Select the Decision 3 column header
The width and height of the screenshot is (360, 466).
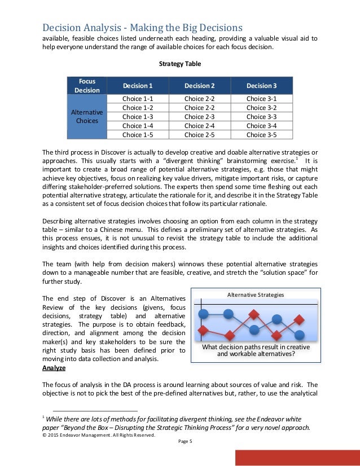click(x=262, y=85)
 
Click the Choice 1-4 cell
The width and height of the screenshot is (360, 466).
click(x=138, y=126)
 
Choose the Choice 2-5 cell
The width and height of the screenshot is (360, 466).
click(x=200, y=135)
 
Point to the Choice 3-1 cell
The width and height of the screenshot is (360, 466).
click(x=262, y=99)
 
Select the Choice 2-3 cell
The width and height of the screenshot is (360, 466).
click(x=200, y=117)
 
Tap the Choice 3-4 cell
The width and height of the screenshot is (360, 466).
click(x=262, y=126)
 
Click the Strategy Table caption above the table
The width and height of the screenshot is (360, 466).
click(x=180, y=64)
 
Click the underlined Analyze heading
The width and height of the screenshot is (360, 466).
click(x=54, y=368)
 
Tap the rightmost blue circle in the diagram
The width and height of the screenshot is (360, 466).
click(x=278, y=319)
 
